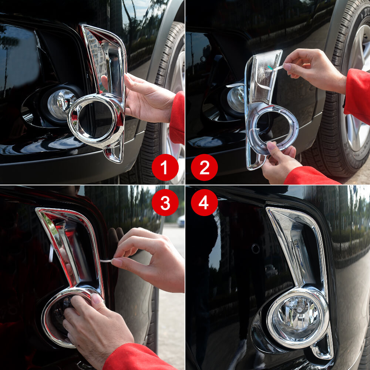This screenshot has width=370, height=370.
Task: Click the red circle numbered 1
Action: click(x=165, y=167)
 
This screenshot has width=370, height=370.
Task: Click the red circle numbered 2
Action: click(x=204, y=167)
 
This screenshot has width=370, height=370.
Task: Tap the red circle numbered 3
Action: click(x=165, y=202)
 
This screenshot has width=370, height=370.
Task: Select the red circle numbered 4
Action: click(x=204, y=202)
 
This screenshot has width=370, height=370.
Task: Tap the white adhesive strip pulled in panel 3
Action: click(x=105, y=261)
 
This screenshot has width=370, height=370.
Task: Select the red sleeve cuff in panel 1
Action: click(x=178, y=118)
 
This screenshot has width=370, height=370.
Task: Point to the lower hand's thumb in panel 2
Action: click(x=272, y=147)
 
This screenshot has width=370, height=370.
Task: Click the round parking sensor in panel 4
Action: click(x=255, y=249)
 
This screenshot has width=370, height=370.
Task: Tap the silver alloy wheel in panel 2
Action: click(x=357, y=104)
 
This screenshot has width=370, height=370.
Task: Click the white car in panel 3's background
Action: click(x=181, y=221)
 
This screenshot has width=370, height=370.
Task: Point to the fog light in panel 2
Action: click(x=235, y=98)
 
